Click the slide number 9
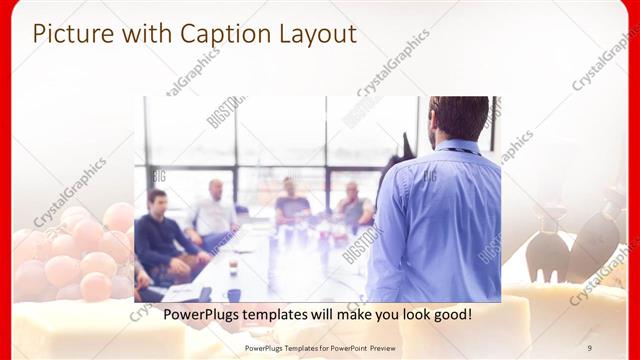(x=589, y=347)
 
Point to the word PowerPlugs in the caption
(x=180, y=315)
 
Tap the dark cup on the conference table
(x=234, y=294)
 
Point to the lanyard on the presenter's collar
(x=461, y=150)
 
